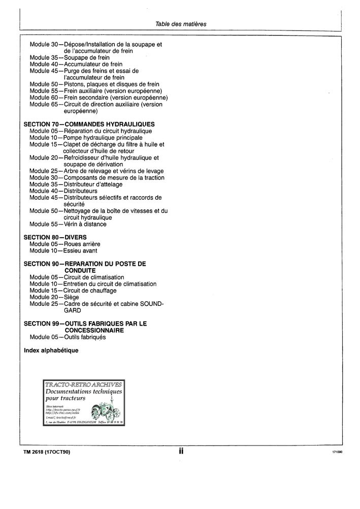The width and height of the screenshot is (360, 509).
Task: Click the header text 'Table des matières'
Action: coord(181,24)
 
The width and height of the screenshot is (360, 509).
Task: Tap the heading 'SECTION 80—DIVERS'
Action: coord(55,237)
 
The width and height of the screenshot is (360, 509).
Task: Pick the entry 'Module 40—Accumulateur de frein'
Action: coord(77,65)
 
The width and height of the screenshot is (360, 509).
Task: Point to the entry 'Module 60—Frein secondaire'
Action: coord(99,98)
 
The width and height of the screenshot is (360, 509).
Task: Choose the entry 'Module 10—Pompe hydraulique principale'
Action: coord(86,138)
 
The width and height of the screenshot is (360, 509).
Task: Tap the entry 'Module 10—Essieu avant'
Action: coord(63,250)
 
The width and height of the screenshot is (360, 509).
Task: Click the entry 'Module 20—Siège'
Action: coord(54,297)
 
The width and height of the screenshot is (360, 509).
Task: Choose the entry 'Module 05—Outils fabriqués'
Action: coord(68,337)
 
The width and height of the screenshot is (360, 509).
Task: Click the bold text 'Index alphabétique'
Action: coord(51,351)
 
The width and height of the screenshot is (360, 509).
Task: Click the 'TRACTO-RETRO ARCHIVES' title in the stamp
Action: coord(84,385)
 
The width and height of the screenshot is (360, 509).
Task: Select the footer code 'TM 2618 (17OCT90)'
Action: coord(47,452)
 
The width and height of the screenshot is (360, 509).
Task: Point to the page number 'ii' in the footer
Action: coord(181,451)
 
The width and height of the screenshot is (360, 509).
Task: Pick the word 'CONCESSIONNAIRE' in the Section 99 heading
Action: coord(95,330)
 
